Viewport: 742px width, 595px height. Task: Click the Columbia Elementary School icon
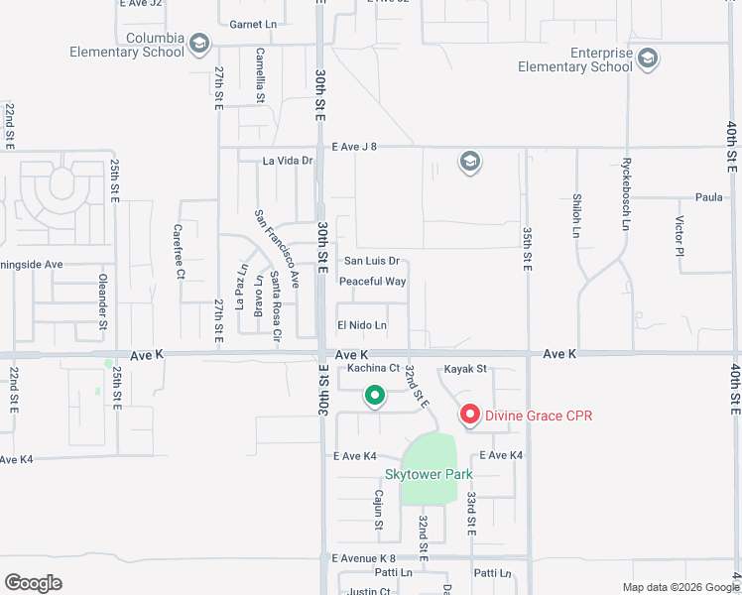point(199,43)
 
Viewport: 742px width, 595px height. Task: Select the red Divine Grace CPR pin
point(469,415)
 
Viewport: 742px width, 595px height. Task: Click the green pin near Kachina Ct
point(375,397)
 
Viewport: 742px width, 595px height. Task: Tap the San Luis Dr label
point(371,262)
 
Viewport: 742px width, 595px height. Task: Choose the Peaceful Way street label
point(372,282)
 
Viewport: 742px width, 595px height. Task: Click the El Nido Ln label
point(361,325)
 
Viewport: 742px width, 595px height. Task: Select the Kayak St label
point(465,369)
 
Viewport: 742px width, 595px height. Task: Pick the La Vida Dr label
point(288,160)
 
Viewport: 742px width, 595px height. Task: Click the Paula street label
point(708,197)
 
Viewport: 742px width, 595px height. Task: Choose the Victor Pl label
point(680,235)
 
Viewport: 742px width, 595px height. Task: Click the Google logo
point(33,583)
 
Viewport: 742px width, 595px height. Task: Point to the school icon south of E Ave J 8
point(469,162)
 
